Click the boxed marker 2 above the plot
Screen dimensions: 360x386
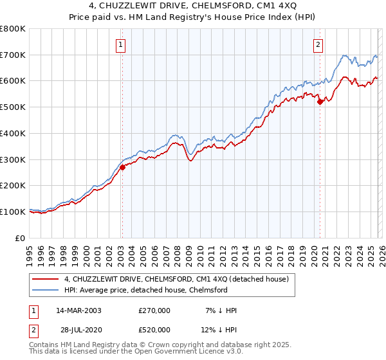[318, 44]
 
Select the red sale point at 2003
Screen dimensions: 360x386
[122, 167]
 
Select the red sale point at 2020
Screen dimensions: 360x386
[320, 102]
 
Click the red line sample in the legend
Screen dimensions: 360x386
[46, 279]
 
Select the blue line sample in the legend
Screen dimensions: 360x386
[46, 290]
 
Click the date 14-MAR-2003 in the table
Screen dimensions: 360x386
[78, 310]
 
